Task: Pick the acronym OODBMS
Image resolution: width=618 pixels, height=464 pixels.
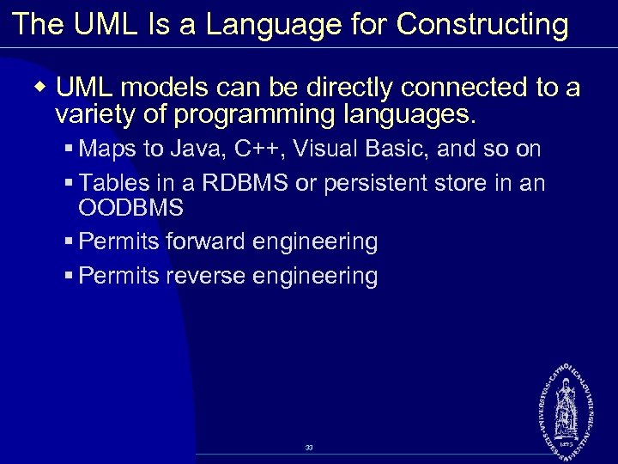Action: click(x=130, y=208)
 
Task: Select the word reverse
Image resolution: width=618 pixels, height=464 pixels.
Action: click(x=203, y=276)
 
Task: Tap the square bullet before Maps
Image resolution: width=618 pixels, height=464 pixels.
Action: click(x=69, y=150)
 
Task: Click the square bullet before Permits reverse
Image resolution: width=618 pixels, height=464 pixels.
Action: click(x=69, y=277)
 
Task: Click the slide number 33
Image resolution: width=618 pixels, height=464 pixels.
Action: click(x=309, y=448)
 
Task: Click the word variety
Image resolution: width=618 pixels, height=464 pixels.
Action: click(x=90, y=113)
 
